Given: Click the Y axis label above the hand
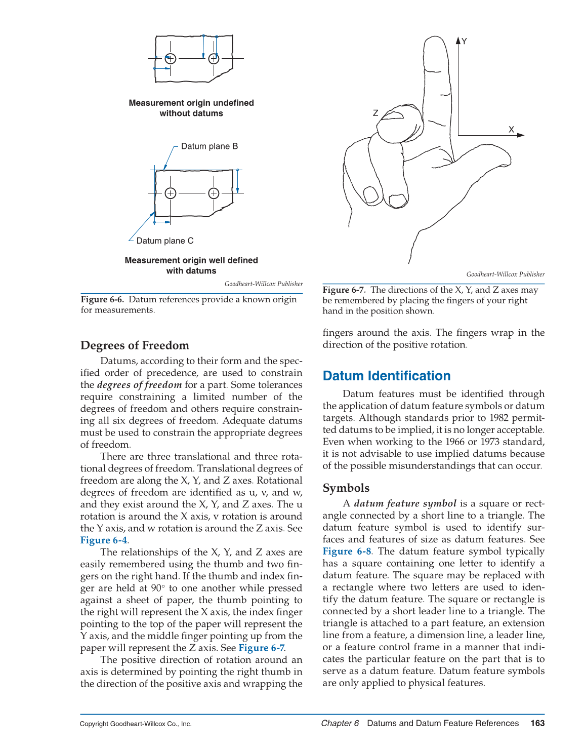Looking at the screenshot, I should [464, 42].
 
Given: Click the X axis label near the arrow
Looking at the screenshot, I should [511, 130].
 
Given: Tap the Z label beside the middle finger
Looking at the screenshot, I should [375, 113].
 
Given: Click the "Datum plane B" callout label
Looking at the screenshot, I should [209, 146].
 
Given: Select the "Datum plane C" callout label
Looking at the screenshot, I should [164, 241].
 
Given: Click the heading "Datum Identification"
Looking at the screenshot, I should [386, 376].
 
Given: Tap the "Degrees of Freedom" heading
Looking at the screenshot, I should [135, 345].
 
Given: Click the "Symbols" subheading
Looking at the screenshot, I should [346, 488].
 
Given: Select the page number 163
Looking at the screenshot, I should [537, 723].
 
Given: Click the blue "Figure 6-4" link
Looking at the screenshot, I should [104, 540].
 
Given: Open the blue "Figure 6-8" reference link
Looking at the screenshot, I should [347, 551].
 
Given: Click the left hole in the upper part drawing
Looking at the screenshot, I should [171, 58].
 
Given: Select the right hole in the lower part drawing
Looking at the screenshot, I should [214, 193].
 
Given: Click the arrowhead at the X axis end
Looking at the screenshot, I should [521, 135].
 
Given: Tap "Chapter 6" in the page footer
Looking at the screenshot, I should [340, 723].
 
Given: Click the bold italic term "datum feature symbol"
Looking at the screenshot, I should [405, 503].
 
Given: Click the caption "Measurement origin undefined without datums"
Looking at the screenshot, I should [191, 108].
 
